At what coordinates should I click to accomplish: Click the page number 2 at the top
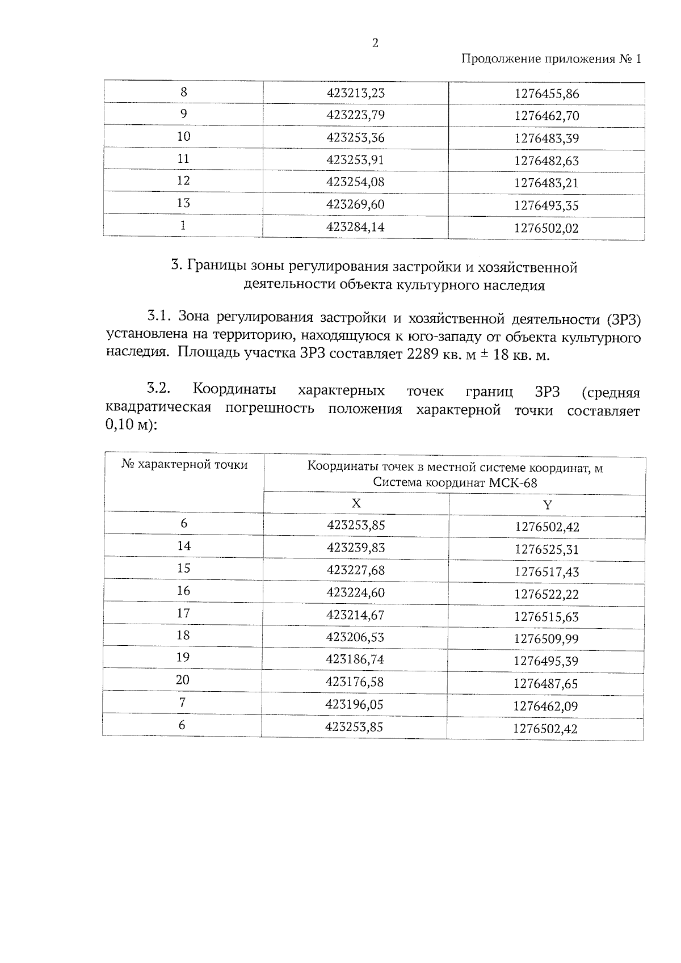click(x=375, y=44)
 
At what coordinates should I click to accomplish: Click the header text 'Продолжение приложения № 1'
click(x=550, y=59)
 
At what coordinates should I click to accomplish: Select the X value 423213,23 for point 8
click(x=355, y=93)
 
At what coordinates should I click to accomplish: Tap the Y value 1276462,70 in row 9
click(x=546, y=116)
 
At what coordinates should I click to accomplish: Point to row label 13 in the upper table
click(x=183, y=203)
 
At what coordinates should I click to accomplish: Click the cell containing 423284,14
click(x=355, y=227)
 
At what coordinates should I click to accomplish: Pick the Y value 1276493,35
click(x=546, y=205)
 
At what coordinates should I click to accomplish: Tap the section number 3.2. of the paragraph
click(x=159, y=389)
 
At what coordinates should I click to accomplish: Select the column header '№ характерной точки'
click(x=184, y=465)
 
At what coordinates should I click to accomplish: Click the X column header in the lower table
click(x=356, y=503)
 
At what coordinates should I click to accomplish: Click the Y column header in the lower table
click(x=547, y=505)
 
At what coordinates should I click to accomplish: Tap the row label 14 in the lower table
click(x=183, y=546)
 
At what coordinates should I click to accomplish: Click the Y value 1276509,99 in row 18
click(x=546, y=639)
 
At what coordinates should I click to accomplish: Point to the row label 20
click(x=183, y=680)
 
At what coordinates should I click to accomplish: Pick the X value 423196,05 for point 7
click(x=355, y=704)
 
